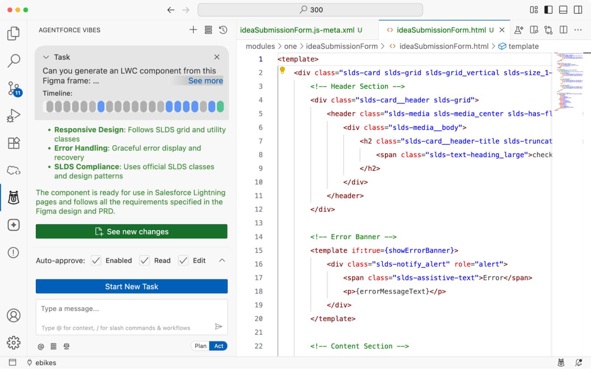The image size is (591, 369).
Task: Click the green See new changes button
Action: [x=132, y=232]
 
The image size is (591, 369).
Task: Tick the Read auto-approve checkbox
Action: [x=145, y=261]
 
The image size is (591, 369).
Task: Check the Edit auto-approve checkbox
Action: [x=183, y=261]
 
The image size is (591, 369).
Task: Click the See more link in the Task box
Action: [x=205, y=81]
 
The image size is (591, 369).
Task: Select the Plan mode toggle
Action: [x=201, y=346]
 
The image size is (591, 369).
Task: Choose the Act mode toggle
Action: [x=219, y=346]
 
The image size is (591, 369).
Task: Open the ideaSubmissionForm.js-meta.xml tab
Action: [x=297, y=30]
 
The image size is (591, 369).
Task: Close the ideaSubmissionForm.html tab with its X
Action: [x=502, y=30]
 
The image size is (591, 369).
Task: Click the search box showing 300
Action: [x=310, y=10]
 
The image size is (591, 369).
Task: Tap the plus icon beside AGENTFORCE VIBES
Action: [x=193, y=30]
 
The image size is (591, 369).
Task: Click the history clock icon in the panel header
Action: [x=223, y=30]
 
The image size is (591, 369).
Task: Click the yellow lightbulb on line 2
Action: [x=282, y=70]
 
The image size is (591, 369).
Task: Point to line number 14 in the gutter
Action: [x=258, y=237]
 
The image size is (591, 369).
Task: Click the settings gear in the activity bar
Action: [x=14, y=342]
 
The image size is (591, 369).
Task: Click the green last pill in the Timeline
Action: [x=220, y=107]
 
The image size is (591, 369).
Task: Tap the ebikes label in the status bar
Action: [x=46, y=363]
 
